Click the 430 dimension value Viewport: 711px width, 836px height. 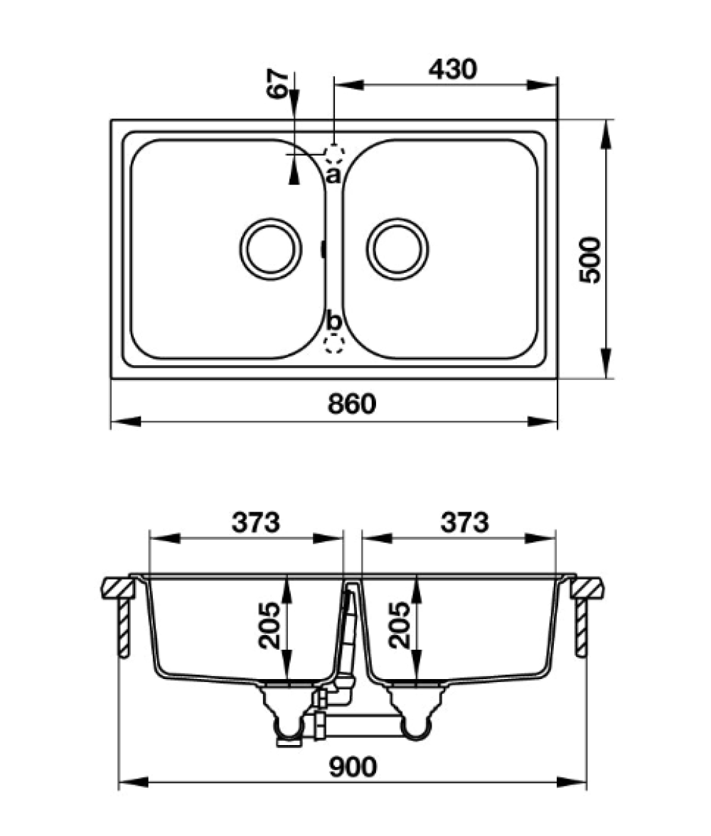[x=452, y=69]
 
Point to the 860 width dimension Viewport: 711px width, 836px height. [x=351, y=404]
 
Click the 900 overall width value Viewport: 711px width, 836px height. [x=353, y=767]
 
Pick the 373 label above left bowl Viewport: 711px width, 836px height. [x=256, y=523]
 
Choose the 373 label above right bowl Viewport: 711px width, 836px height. [x=464, y=523]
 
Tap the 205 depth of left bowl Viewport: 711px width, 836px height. [x=269, y=625]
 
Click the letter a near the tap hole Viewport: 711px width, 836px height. [x=333, y=175]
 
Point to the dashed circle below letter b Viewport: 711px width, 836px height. [x=333, y=344]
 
